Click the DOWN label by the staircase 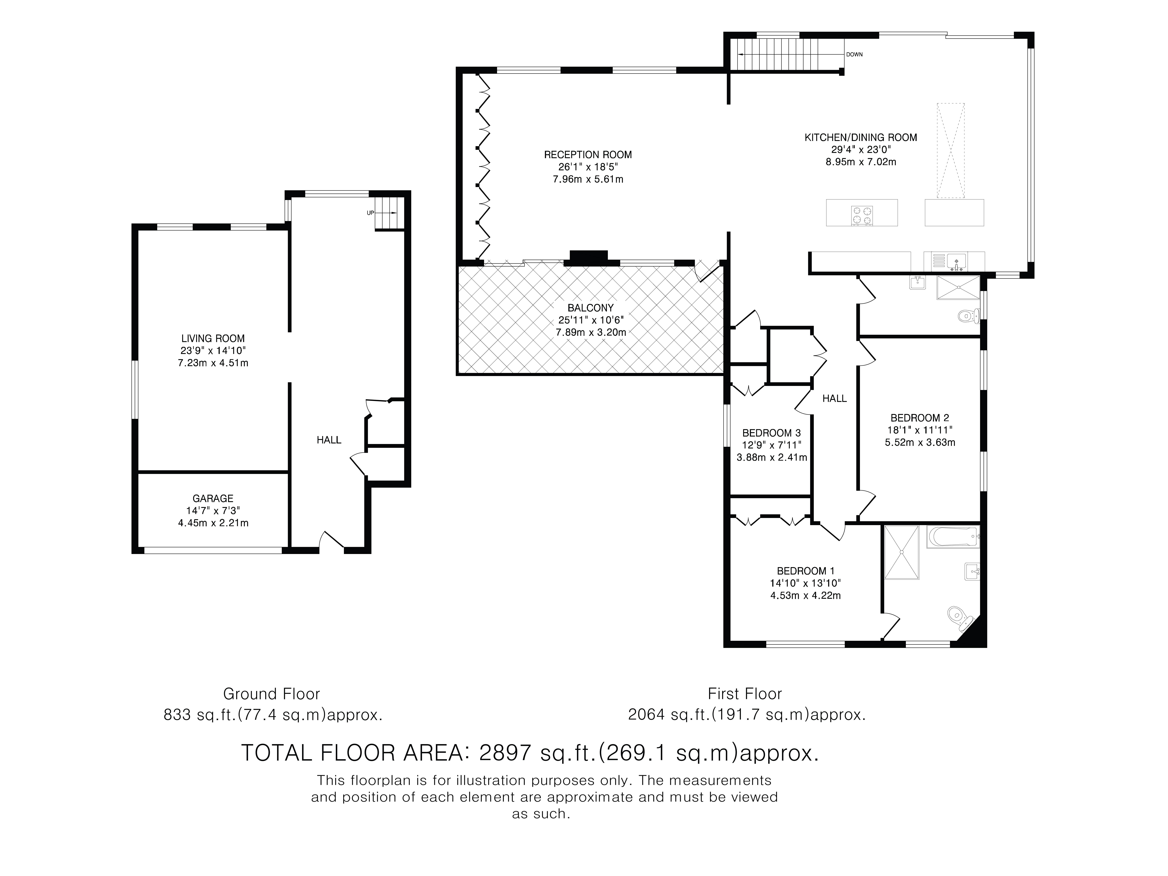[x=854, y=54]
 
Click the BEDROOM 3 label [x=772, y=433]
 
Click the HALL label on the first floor [x=835, y=399]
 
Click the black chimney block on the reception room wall [x=588, y=257]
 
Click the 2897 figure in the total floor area [x=504, y=752]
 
